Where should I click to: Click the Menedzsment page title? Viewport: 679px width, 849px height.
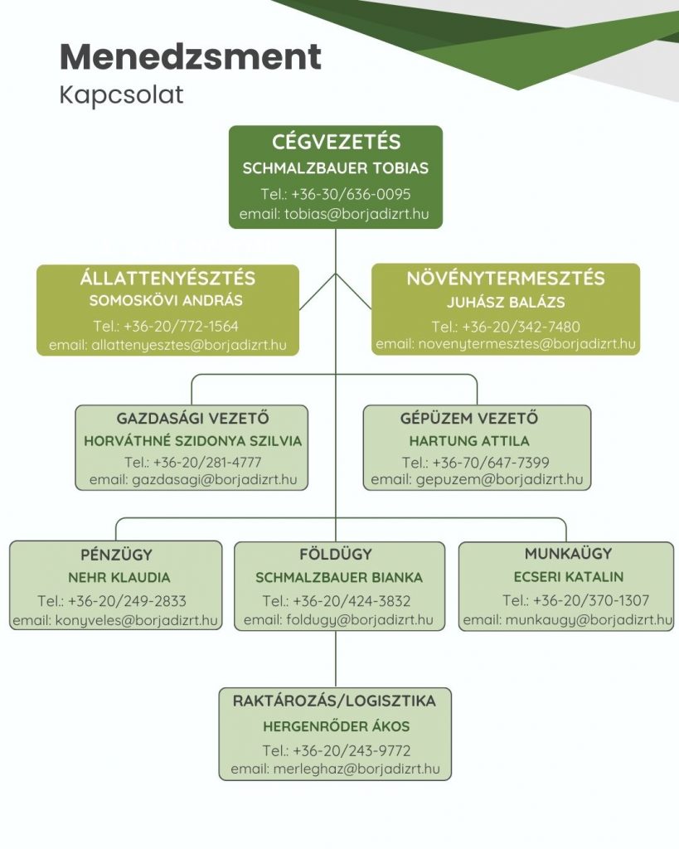[x=191, y=56]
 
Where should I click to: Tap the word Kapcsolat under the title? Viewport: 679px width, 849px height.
[x=121, y=95]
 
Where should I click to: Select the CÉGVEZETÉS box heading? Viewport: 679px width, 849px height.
[x=337, y=142]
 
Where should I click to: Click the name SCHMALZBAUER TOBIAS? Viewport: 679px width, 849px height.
[x=336, y=167]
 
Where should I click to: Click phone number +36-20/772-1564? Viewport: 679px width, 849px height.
[x=181, y=326]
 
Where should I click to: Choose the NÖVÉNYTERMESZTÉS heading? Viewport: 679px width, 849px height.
[x=506, y=279]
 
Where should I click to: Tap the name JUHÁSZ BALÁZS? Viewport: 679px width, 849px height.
[x=506, y=302]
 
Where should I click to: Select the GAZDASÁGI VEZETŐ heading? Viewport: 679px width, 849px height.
[x=193, y=418]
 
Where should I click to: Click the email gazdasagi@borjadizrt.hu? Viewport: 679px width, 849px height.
[x=215, y=480]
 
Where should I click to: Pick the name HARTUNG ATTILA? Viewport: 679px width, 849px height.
[x=469, y=441]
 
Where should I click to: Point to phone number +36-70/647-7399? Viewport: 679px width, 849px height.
[x=491, y=463]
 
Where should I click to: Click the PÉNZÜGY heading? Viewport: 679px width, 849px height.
[x=116, y=555]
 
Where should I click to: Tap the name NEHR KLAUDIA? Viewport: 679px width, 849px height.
[x=119, y=578]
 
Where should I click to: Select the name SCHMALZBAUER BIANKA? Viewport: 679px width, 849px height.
[x=339, y=578]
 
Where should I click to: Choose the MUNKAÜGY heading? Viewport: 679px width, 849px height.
[x=569, y=553]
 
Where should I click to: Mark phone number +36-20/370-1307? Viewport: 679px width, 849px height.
[x=591, y=600]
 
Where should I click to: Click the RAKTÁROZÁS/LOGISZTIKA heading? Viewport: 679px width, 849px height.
[x=334, y=701]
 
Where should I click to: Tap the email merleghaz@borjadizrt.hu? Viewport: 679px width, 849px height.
[x=356, y=769]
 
